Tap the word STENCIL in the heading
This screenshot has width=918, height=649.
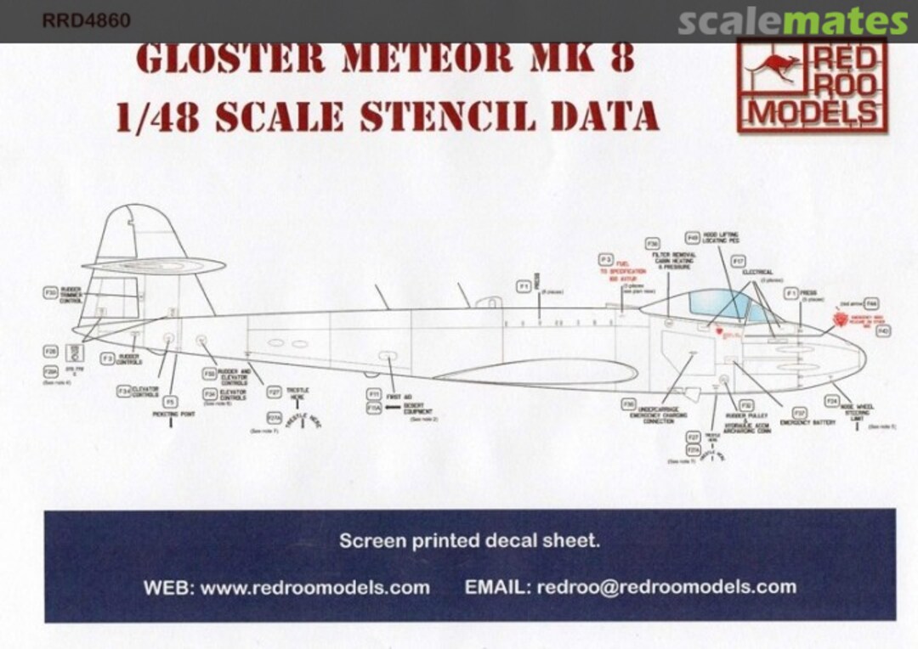[446, 116]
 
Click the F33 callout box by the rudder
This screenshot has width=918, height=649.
[50, 292]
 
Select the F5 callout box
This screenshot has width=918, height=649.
[170, 401]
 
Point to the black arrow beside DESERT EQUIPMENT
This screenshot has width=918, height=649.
[391, 409]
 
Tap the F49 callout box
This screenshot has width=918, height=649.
[693, 238]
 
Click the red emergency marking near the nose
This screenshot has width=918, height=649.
[841, 319]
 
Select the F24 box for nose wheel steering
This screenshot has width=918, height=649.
[832, 400]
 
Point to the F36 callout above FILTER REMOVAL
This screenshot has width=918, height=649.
[652, 244]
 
